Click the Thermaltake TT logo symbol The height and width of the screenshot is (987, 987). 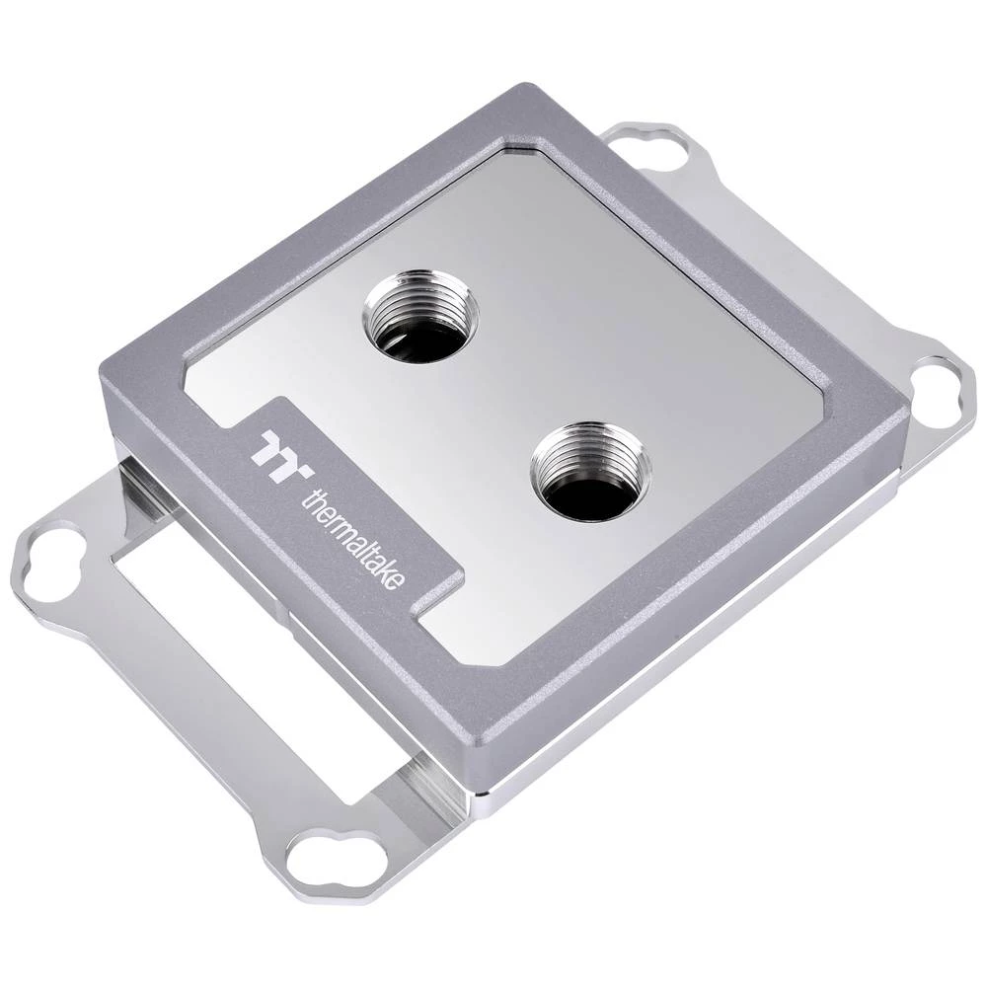coord(275,449)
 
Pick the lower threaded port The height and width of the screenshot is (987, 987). coord(589,471)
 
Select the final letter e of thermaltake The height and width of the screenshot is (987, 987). coord(396,585)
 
